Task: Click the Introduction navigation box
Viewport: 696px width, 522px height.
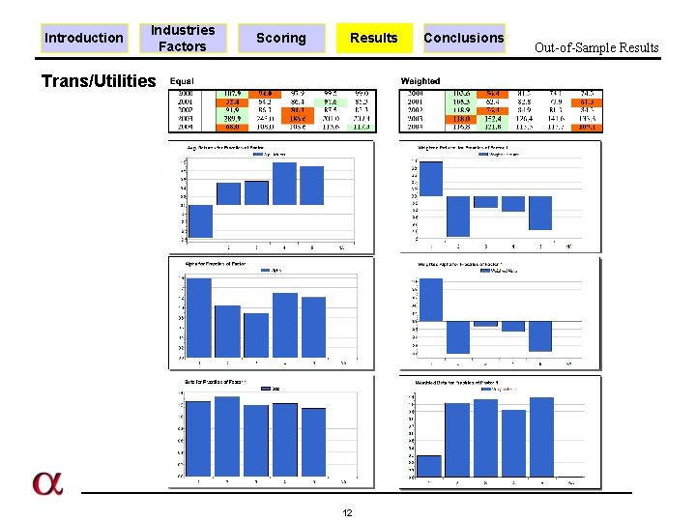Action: pyautogui.click(x=84, y=38)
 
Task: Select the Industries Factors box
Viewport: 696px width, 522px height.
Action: pyautogui.click(x=183, y=38)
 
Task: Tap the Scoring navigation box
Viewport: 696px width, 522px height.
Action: pyautogui.click(x=280, y=38)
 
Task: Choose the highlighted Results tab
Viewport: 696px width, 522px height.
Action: pyautogui.click(x=373, y=38)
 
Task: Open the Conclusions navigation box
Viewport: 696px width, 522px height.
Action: pyautogui.click(x=464, y=38)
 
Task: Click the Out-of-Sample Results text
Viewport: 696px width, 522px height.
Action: pyautogui.click(x=596, y=47)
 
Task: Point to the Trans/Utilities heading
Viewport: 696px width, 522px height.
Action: pyautogui.click(x=98, y=81)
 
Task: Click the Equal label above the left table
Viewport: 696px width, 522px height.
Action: pyautogui.click(x=182, y=81)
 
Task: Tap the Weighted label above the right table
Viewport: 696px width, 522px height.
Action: pyautogui.click(x=420, y=81)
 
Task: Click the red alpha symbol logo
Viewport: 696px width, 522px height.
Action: pyautogui.click(x=46, y=483)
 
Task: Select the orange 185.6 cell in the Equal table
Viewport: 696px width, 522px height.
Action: pyautogui.click(x=296, y=117)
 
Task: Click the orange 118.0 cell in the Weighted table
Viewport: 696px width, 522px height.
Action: pyautogui.click(x=460, y=117)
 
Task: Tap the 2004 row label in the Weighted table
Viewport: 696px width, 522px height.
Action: pyautogui.click(x=416, y=127)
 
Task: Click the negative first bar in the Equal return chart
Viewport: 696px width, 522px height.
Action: pyautogui.click(x=200, y=220)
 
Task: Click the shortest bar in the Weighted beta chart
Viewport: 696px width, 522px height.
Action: pyautogui.click(x=429, y=466)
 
